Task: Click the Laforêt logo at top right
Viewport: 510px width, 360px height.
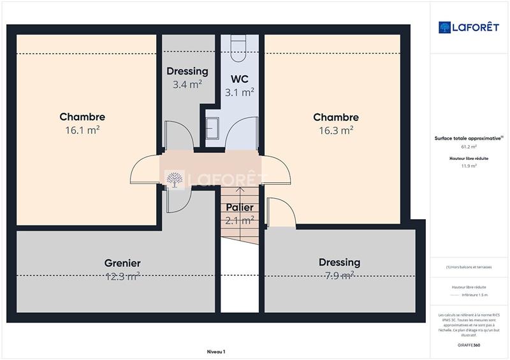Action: coord(469,27)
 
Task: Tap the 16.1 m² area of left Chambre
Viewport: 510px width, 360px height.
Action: coord(82,130)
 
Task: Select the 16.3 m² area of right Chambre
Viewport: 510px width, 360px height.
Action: coord(336,131)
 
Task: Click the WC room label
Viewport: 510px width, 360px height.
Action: coord(240,79)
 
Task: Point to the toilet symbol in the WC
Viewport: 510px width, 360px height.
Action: coord(240,48)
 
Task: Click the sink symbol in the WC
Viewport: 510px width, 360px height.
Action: coord(212,127)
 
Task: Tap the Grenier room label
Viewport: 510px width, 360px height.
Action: coord(122,263)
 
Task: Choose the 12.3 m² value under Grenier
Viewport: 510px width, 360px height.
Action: coord(122,277)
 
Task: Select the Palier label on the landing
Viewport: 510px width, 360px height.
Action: coord(240,208)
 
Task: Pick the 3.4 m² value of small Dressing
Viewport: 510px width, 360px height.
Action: coord(187,84)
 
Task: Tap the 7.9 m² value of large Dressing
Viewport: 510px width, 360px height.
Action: coord(339,276)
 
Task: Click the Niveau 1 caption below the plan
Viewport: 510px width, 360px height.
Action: coord(216,352)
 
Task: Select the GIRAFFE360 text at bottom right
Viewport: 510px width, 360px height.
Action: coord(469,344)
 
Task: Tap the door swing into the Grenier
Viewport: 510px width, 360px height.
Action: coord(176,199)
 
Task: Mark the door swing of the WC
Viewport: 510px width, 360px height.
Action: coord(244,134)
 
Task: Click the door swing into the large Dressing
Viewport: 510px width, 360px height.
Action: coord(280,213)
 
